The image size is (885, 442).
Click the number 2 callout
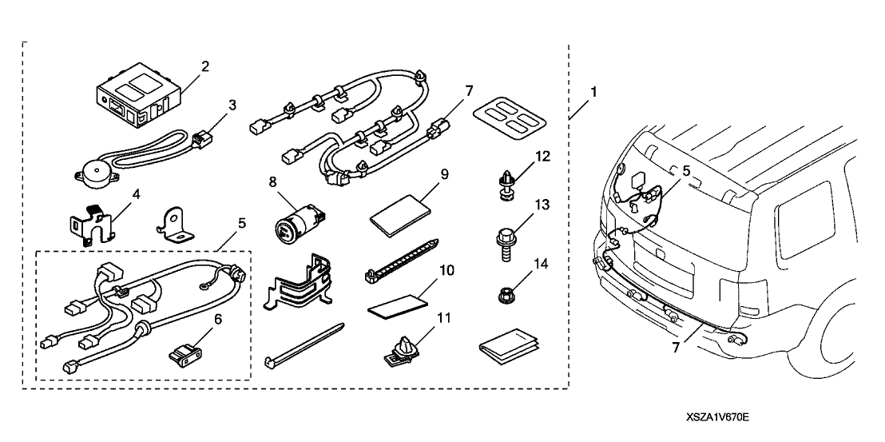pyautogui.click(x=205, y=66)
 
